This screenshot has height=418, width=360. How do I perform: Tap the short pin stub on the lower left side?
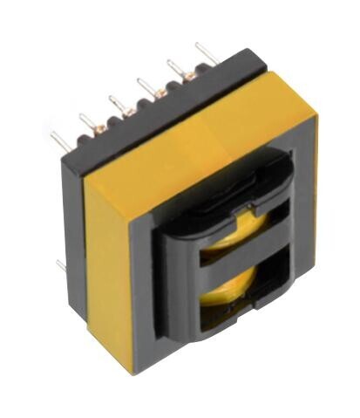point(61,263)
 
